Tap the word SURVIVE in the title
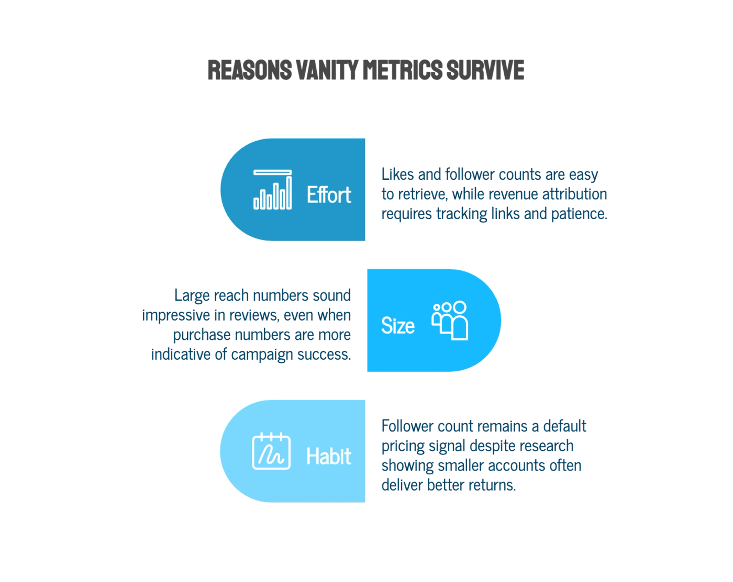click(485, 70)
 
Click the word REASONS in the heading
click(250, 70)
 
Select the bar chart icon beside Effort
click(272, 189)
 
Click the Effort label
click(329, 195)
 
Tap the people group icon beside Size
click(450, 321)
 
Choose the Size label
click(398, 326)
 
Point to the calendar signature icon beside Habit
click(271, 451)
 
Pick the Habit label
click(329, 456)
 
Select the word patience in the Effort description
click(579, 214)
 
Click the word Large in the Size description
click(192, 295)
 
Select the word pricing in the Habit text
click(403, 446)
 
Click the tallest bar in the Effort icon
click(289, 192)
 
